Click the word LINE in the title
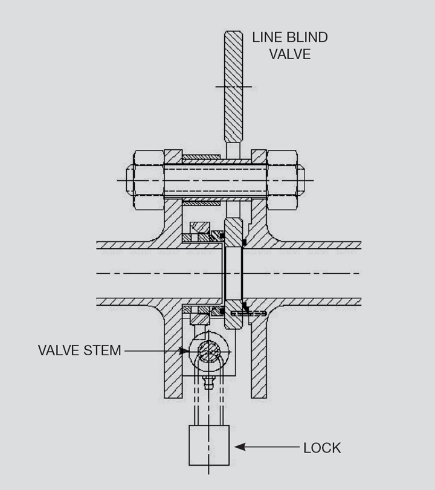[266, 37]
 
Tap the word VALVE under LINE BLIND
[290, 54]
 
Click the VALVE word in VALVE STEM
[59, 351]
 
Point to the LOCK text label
[322, 448]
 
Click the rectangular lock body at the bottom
[209, 445]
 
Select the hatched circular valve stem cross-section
[208, 351]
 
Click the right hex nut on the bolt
[282, 180]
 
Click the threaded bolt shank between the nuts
[214, 180]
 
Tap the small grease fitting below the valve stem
[208, 383]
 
